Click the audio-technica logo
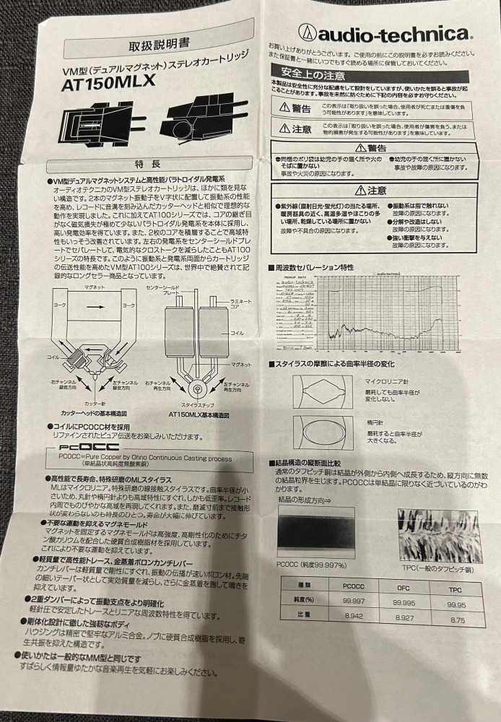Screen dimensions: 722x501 (384, 32)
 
